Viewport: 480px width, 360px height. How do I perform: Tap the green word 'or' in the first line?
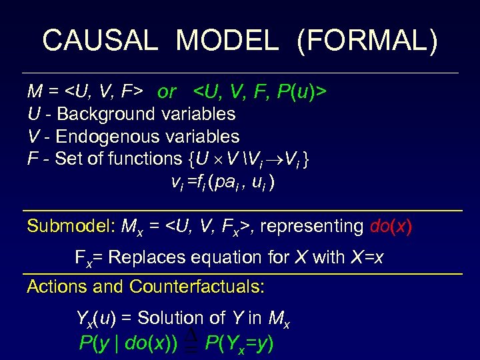(x=167, y=92)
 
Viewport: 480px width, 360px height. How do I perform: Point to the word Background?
(x=107, y=114)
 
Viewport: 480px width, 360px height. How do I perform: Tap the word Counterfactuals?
(x=197, y=287)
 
